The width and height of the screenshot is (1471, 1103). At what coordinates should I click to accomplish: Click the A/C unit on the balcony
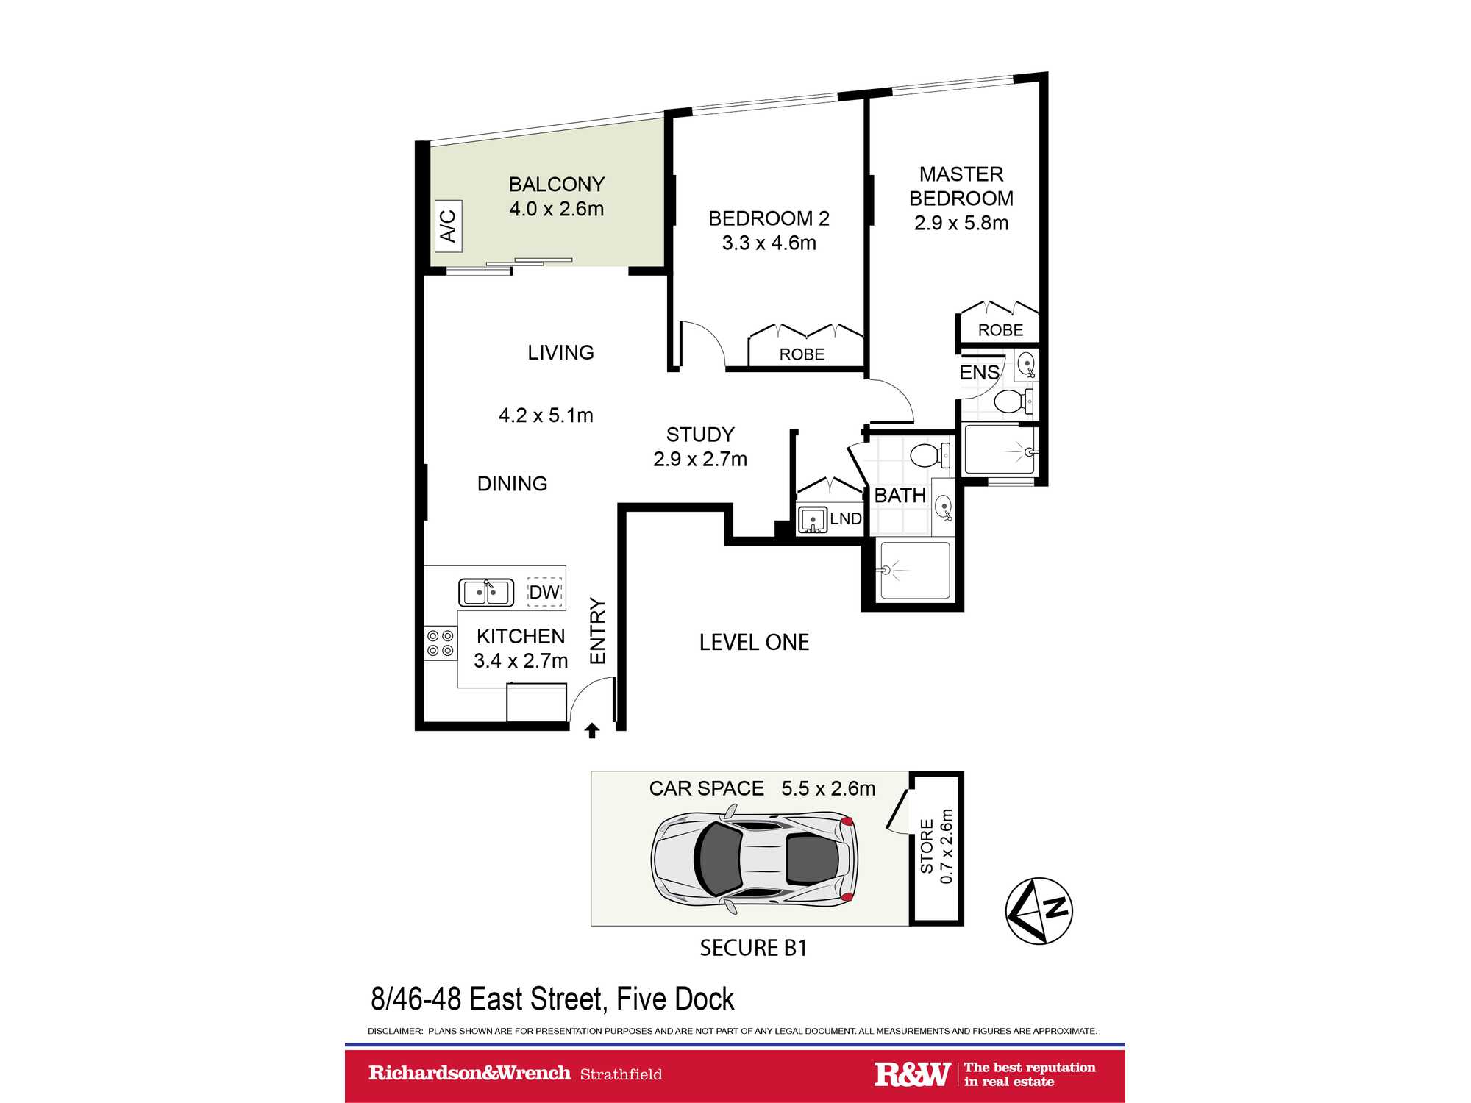pos(448,226)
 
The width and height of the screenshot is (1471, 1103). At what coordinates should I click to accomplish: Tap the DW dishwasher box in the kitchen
pos(544,592)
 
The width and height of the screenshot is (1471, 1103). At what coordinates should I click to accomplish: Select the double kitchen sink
pos(486,592)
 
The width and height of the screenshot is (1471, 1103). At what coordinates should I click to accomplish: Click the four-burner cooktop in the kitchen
pos(440,643)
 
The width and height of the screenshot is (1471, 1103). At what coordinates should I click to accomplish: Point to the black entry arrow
pos(592,730)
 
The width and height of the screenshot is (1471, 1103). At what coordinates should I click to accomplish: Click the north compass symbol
pos(1039,910)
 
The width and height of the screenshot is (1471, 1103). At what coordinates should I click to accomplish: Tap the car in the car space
pos(754,858)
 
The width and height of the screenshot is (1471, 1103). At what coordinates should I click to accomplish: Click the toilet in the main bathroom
pos(930,455)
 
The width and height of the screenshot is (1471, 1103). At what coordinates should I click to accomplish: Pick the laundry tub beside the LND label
pos(812,520)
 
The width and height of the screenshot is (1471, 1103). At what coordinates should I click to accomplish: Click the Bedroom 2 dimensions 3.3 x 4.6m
pos(769,243)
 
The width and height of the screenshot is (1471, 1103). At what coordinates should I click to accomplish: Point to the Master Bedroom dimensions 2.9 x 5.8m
pos(961,223)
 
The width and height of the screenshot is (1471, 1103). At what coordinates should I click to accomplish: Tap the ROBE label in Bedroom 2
pos(802,354)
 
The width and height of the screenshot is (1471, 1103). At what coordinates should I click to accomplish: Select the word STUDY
pos(700,435)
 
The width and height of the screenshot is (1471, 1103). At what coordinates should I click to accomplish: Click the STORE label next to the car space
pos(927,846)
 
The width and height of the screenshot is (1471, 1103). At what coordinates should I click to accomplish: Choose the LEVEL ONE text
pos(754,643)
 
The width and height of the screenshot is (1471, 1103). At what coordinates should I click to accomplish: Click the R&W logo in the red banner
pos(912,1074)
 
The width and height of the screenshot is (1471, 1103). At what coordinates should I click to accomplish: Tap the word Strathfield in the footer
pos(621,1074)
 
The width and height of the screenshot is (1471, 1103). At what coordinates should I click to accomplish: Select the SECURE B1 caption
pos(753,949)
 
